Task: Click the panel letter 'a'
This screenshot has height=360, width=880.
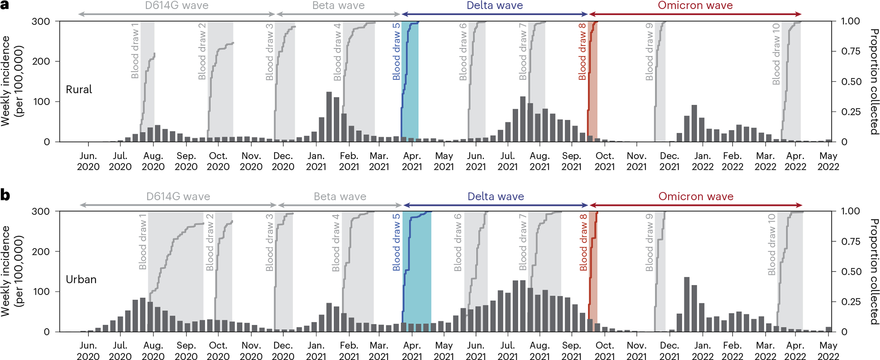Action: tap(5, 7)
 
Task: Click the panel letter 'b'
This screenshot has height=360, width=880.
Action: tap(5, 195)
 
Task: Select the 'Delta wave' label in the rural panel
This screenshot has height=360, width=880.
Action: tap(494, 6)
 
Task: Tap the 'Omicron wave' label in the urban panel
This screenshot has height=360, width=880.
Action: tap(696, 197)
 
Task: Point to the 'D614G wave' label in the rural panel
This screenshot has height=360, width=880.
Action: tap(177, 6)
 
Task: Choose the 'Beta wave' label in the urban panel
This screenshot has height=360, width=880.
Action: tap(340, 197)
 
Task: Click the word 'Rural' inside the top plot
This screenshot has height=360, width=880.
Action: tap(79, 90)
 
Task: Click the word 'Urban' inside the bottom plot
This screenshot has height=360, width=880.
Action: tap(81, 280)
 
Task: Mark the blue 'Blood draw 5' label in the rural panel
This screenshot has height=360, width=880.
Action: tap(396, 52)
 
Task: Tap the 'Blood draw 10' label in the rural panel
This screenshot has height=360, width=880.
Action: tap(776, 54)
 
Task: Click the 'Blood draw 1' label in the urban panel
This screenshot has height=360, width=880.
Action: tap(142, 242)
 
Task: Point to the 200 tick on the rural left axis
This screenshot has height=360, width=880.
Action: tap(41, 62)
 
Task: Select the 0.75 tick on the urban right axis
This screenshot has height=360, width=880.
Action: tap(851, 241)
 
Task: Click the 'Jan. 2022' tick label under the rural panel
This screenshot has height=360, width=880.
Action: tap(702, 161)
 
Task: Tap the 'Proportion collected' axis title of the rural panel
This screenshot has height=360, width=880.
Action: tap(873, 82)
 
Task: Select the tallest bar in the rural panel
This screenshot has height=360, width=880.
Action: tap(329, 117)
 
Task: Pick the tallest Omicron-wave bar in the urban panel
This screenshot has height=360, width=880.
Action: tap(687, 304)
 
